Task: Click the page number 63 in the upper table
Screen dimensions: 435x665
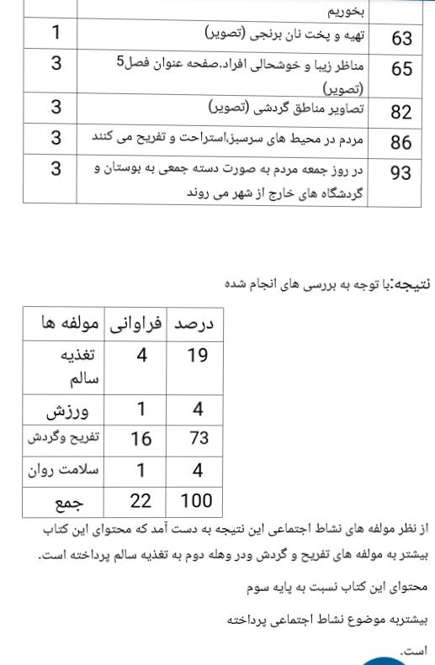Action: (x=401, y=38)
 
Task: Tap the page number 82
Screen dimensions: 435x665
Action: (x=401, y=113)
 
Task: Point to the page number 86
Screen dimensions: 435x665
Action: (x=401, y=141)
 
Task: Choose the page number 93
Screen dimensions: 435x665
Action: (x=401, y=172)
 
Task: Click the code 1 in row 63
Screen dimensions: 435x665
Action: (x=55, y=34)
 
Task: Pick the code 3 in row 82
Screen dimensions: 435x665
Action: (x=55, y=108)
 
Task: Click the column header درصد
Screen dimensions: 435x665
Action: (x=196, y=324)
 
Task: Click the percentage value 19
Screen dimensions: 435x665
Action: (x=197, y=356)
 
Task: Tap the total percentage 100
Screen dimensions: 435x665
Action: (x=196, y=501)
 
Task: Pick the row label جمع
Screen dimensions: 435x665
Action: (x=72, y=503)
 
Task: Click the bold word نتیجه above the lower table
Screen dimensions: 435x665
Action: (x=414, y=283)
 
